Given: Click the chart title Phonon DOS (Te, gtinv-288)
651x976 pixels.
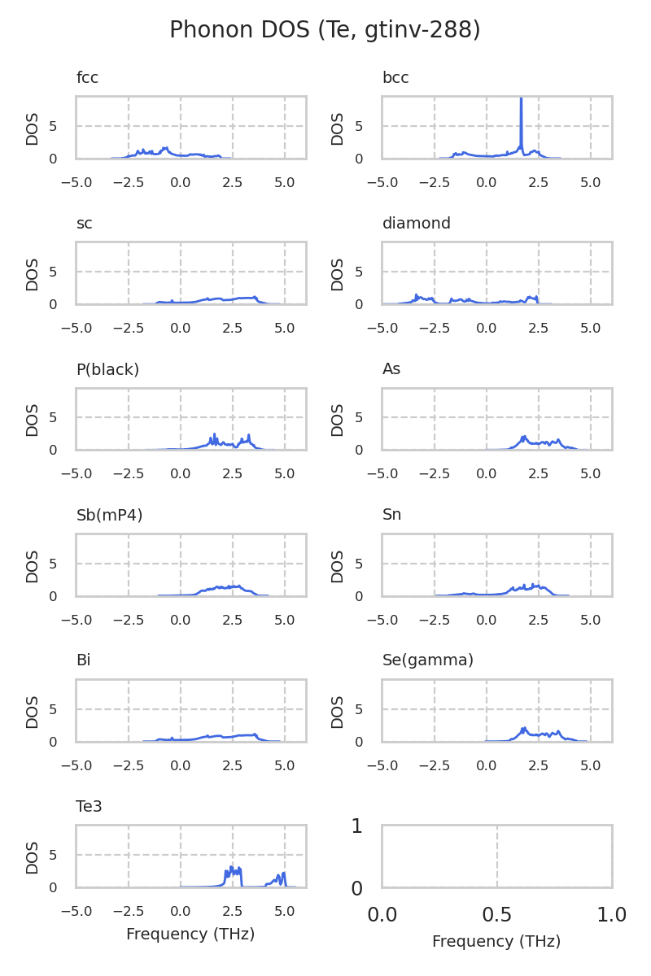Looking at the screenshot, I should click(325, 30).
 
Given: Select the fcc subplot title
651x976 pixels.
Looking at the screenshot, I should click(87, 78).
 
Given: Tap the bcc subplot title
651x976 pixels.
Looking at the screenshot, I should click(395, 78).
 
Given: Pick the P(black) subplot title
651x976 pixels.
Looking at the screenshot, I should click(107, 369).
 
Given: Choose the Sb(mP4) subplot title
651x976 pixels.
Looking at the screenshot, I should click(108, 515).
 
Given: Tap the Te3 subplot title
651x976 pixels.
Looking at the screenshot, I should click(89, 806).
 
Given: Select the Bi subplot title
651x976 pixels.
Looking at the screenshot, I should click(83, 660).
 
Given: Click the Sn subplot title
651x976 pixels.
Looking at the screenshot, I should click(391, 515).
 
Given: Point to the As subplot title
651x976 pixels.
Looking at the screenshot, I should click(391, 369).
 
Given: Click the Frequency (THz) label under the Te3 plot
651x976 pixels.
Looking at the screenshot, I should click(190, 935).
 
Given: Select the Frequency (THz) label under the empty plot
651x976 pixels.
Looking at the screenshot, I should click(496, 942).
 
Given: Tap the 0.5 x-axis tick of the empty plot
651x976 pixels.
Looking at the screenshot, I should click(496, 915).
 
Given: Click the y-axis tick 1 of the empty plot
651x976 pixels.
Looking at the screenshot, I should click(356, 826).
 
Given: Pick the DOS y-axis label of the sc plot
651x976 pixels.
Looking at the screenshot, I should click(33, 274).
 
